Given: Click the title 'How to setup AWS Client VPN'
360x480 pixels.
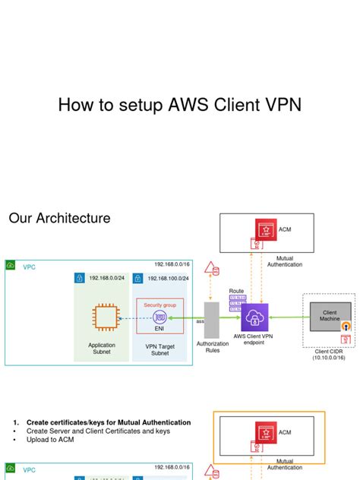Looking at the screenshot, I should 179,105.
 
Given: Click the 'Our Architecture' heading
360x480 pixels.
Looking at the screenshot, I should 59,219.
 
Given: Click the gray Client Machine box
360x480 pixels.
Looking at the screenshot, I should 330,316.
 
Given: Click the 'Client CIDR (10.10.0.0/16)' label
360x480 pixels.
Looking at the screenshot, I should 330,354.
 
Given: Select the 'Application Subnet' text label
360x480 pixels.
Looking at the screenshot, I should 102,348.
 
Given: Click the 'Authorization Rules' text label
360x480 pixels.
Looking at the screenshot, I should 213,348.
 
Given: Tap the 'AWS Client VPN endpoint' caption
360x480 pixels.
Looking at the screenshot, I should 254,339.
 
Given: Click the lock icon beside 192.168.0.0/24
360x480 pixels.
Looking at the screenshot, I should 79,279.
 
